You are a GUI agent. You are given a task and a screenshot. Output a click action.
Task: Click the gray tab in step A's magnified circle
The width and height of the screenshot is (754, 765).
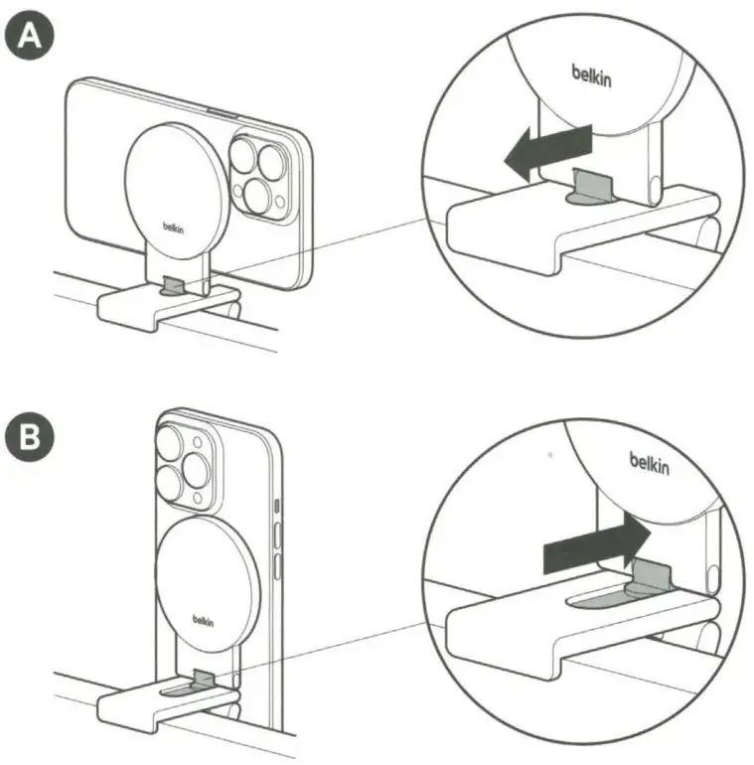pos(591,182)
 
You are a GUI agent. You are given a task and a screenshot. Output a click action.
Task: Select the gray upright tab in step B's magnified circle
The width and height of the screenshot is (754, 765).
pos(650,574)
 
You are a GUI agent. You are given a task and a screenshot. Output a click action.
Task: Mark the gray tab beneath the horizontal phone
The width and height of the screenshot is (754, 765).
pos(174,286)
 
